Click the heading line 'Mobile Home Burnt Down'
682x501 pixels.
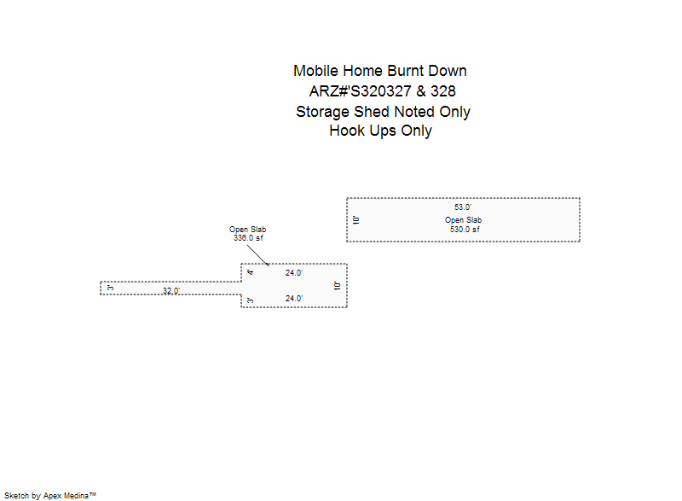379,71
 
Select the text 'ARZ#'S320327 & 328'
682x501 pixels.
382,91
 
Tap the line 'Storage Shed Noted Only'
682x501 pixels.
383,112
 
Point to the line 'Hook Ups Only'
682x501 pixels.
380,131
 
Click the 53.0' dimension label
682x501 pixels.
463,207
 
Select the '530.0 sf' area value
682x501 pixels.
465,230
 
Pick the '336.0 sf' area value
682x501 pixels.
248,238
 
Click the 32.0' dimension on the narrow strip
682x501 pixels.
171,290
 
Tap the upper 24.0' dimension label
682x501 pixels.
293,273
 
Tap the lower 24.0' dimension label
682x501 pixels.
293,299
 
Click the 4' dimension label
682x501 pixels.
250,272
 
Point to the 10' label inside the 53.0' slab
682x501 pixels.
356,220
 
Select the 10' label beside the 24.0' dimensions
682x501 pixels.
337,286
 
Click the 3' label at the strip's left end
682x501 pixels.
110,288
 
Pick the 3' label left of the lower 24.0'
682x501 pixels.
250,300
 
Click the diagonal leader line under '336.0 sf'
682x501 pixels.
258,255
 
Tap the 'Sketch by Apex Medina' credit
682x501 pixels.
50,496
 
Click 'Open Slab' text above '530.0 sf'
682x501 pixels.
463,220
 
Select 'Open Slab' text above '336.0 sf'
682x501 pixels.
247,230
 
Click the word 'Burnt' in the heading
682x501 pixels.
406,71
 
